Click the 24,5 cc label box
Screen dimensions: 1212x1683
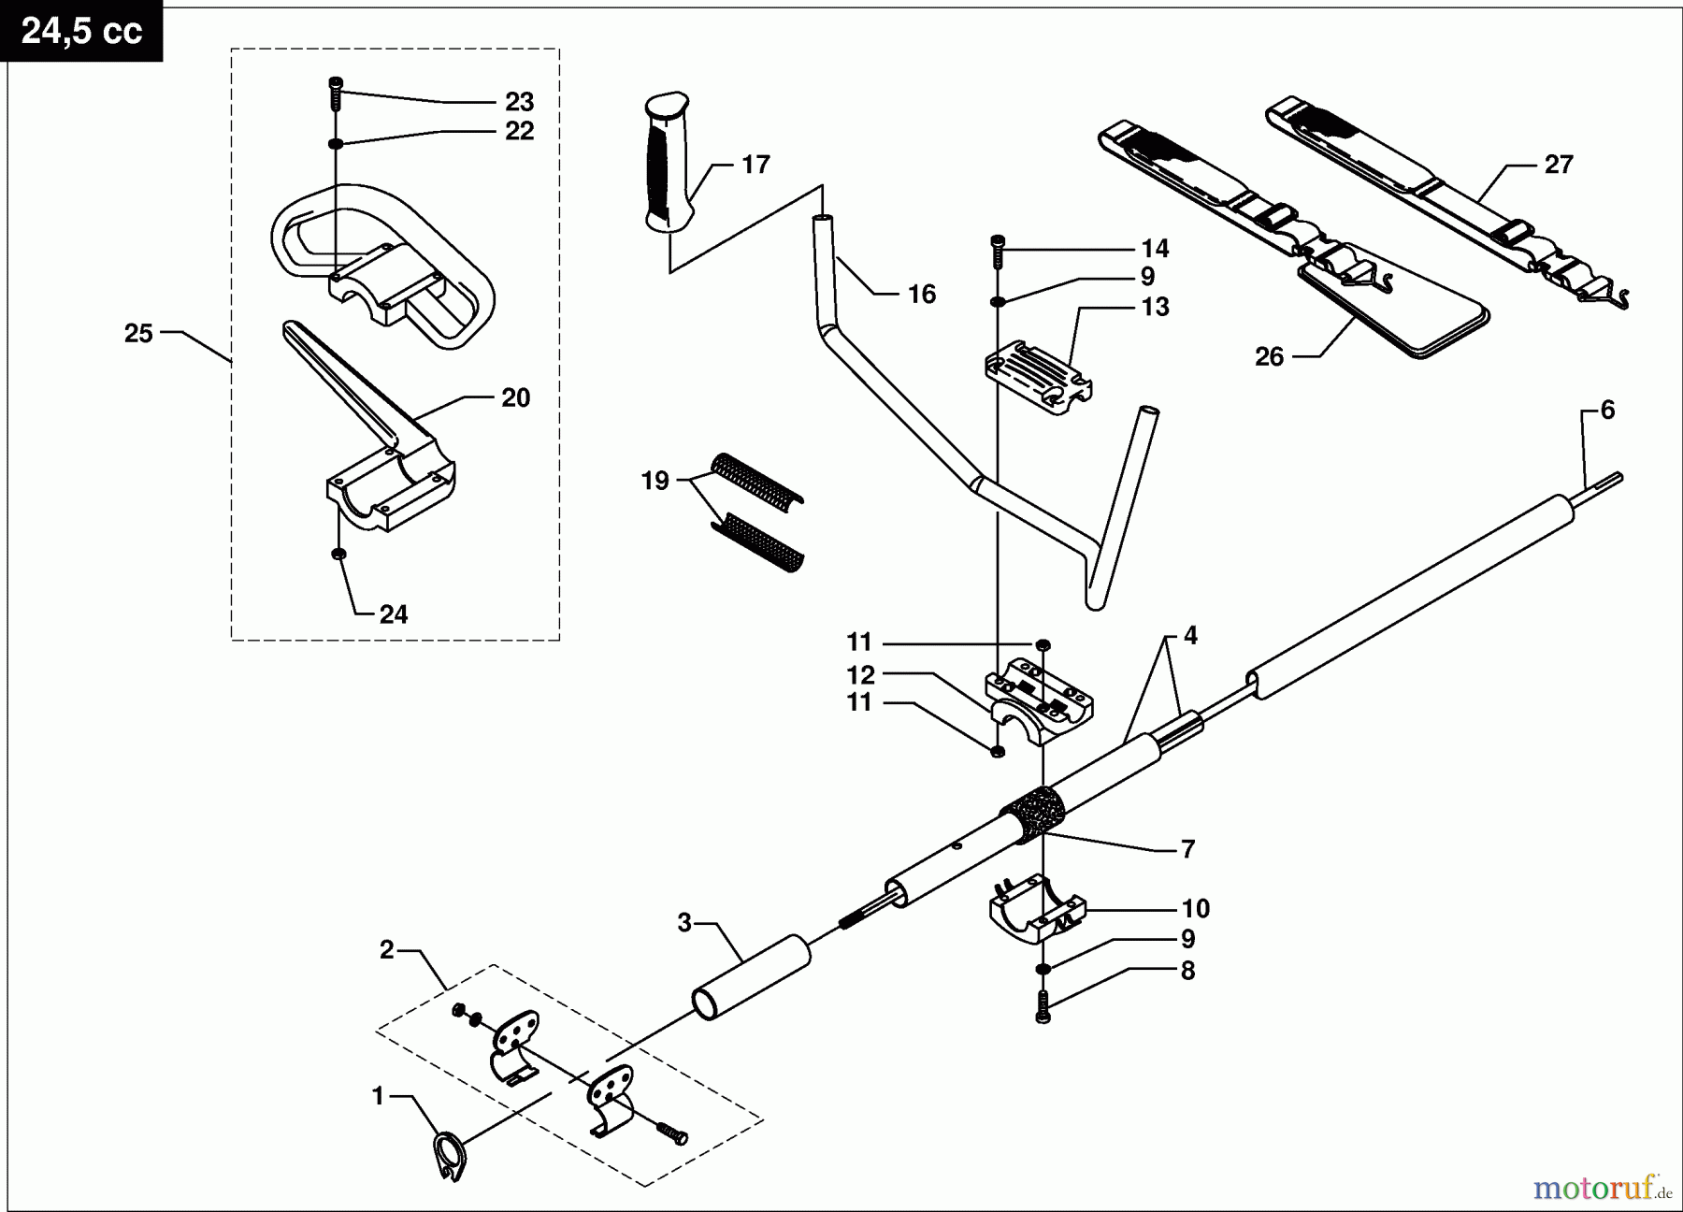[x=81, y=31]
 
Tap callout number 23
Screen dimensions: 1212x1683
[x=519, y=101]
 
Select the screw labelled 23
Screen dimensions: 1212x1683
[x=335, y=94]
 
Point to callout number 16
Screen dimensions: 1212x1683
[x=921, y=295]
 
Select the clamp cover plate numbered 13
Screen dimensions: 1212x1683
[x=1038, y=378]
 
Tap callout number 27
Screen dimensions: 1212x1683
[x=1559, y=165]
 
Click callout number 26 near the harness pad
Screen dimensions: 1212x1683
[x=1269, y=356]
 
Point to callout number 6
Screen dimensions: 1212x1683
[x=1607, y=410]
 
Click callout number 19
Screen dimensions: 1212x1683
[x=654, y=481]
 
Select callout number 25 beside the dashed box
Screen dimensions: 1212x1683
[x=138, y=333]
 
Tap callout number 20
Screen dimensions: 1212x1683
[x=515, y=397]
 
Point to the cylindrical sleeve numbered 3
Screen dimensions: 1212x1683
[x=751, y=978]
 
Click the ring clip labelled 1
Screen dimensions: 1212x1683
[x=449, y=1156]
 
